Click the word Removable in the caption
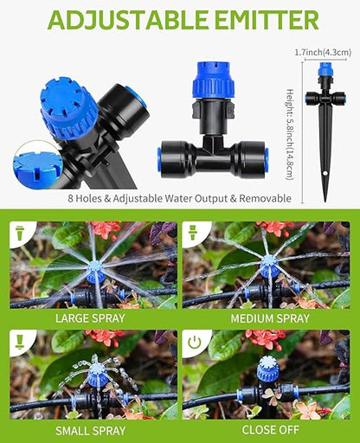click(x=266, y=198)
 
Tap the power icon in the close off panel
click(x=196, y=343)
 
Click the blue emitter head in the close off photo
click(x=267, y=371)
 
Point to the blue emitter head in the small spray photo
click(x=98, y=376)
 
